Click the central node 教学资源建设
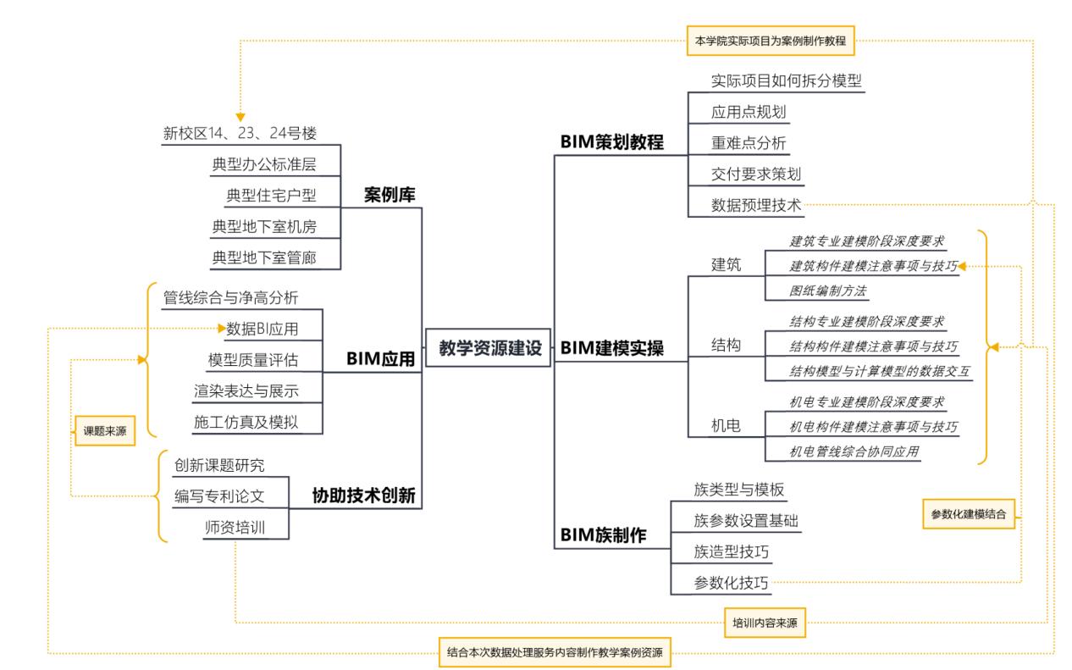(x=488, y=348)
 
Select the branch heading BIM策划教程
(x=612, y=142)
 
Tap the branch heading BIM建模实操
(x=612, y=348)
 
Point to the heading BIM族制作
(x=604, y=535)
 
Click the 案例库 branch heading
(x=390, y=195)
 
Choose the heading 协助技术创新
(x=364, y=496)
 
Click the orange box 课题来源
(x=105, y=431)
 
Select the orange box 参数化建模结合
(x=969, y=514)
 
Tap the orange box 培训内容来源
(x=765, y=623)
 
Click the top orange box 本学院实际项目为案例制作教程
(x=771, y=41)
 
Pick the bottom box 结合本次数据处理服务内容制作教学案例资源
(x=555, y=652)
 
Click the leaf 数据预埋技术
(x=755, y=205)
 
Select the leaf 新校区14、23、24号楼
(x=240, y=133)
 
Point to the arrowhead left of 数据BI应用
(x=222, y=329)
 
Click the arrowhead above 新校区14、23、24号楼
(x=240, y=117)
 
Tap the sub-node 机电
(x=726, y=425)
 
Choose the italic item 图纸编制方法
(x=828, y=291)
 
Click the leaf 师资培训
(x=235, y=528)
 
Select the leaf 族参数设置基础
(x=746, y=521)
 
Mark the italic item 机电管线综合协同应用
(x=854, y=451)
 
